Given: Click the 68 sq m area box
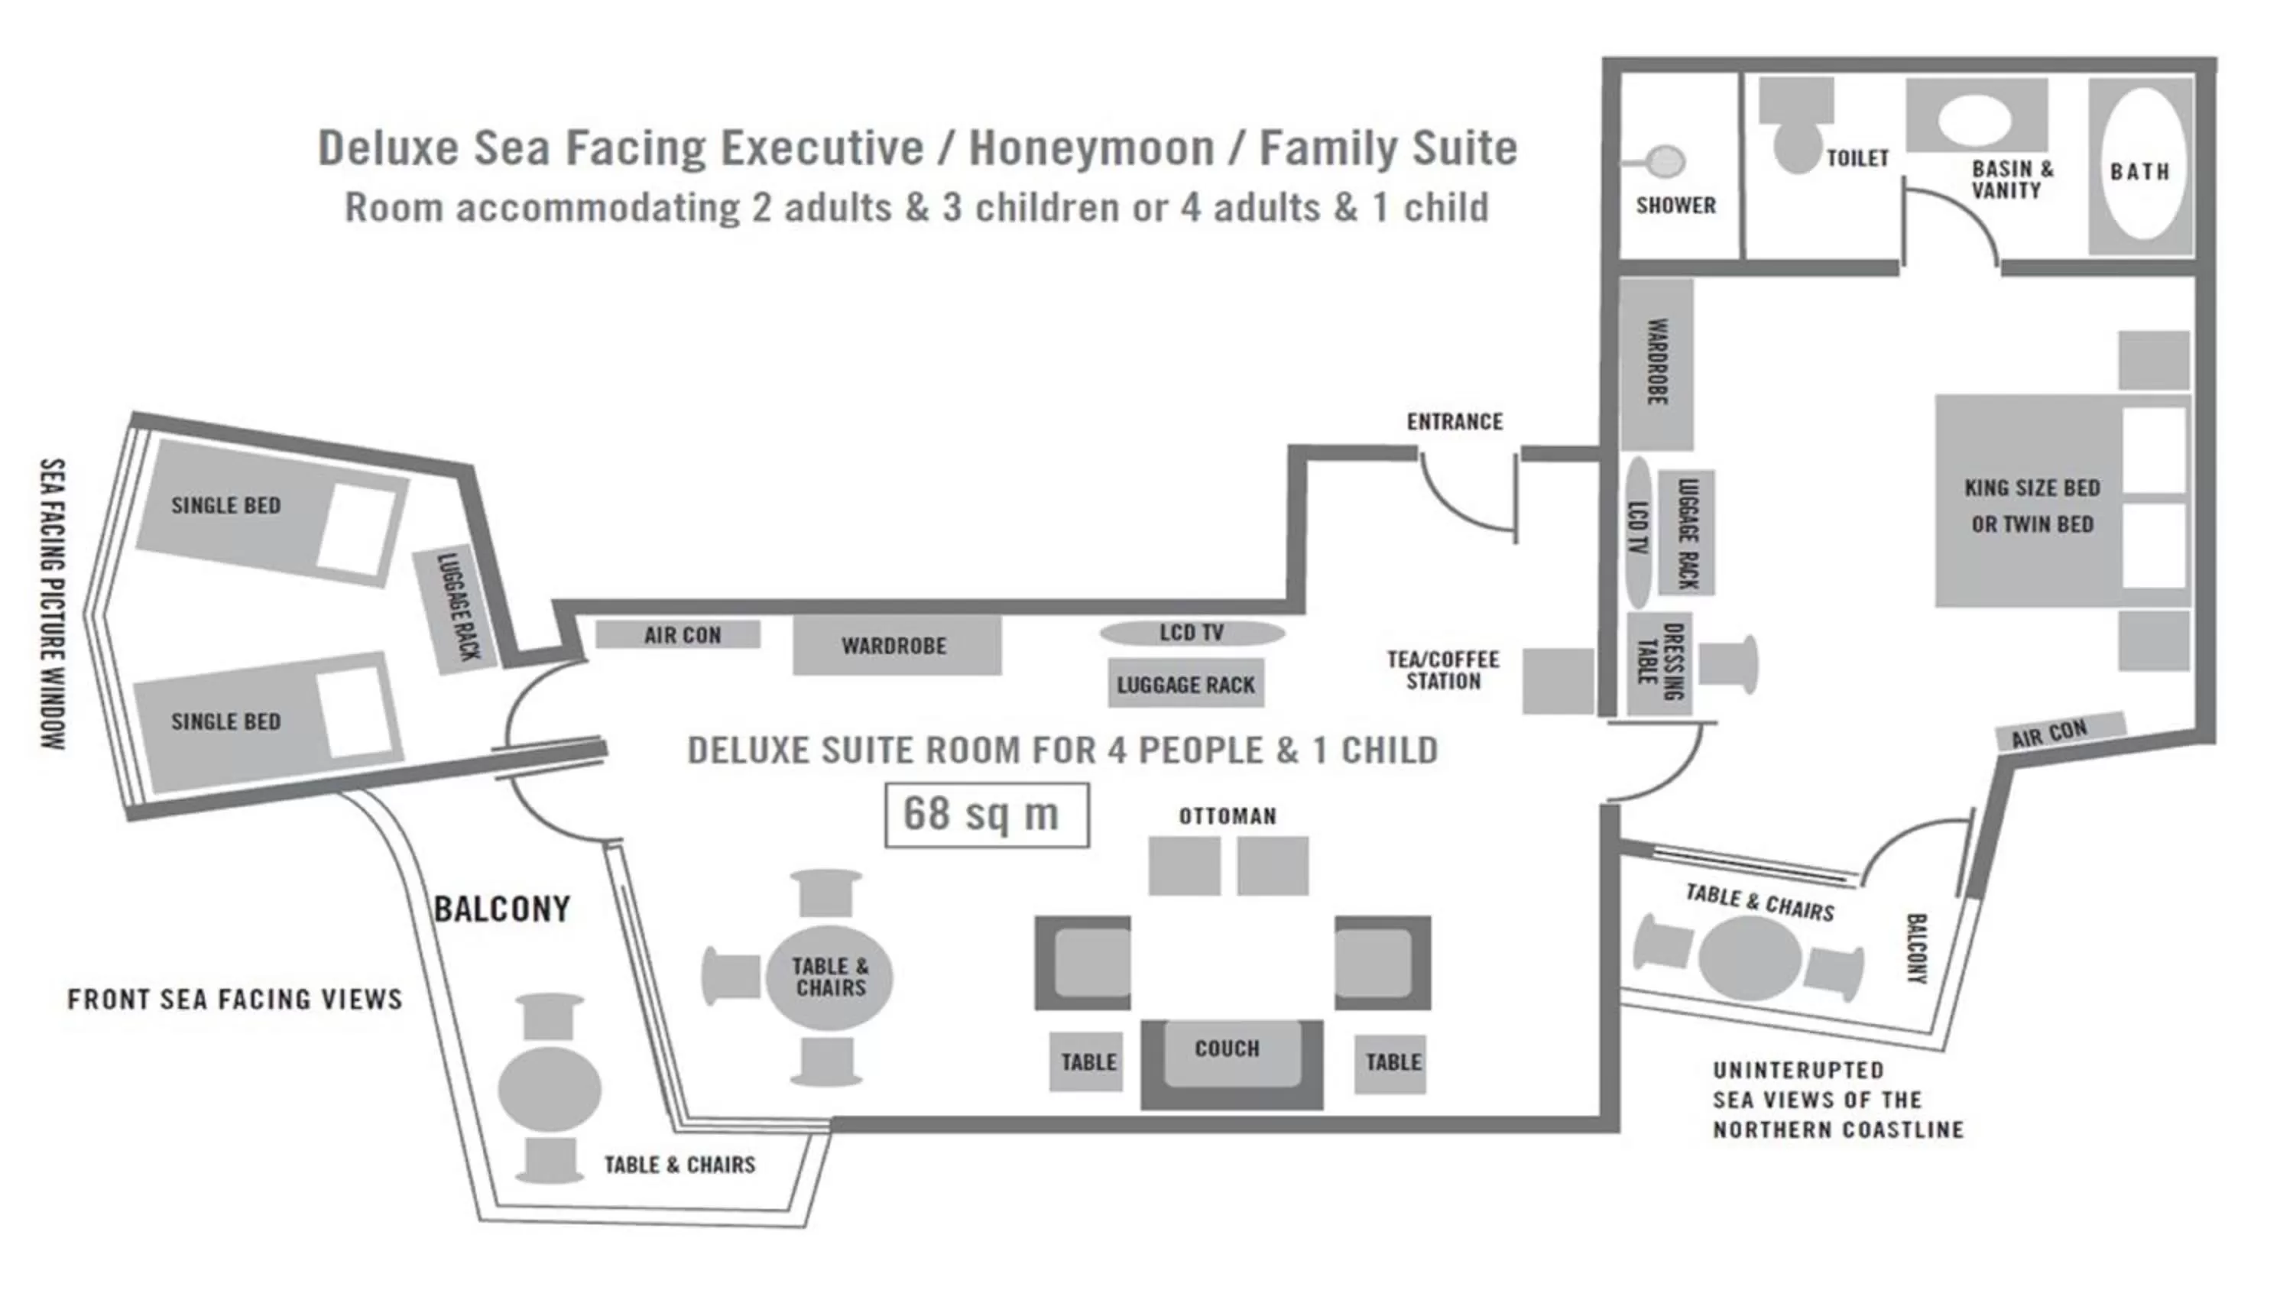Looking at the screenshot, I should tap(986, 815).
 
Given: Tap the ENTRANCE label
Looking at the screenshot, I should tap(1455, 422).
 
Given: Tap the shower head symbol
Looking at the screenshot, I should tap(1665, 162).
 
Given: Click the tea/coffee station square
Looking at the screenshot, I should tap(1557, 681).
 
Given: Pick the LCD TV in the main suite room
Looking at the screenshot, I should tap(1192, 633).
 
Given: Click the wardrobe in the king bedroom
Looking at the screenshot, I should tap(1656, 363).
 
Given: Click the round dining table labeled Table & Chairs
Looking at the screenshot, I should tap(829, 977).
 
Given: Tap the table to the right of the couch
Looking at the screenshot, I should tap(1390, 1063).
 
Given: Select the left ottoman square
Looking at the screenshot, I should tap(1184, 865).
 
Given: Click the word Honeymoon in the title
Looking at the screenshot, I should tap(1091, 147).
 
